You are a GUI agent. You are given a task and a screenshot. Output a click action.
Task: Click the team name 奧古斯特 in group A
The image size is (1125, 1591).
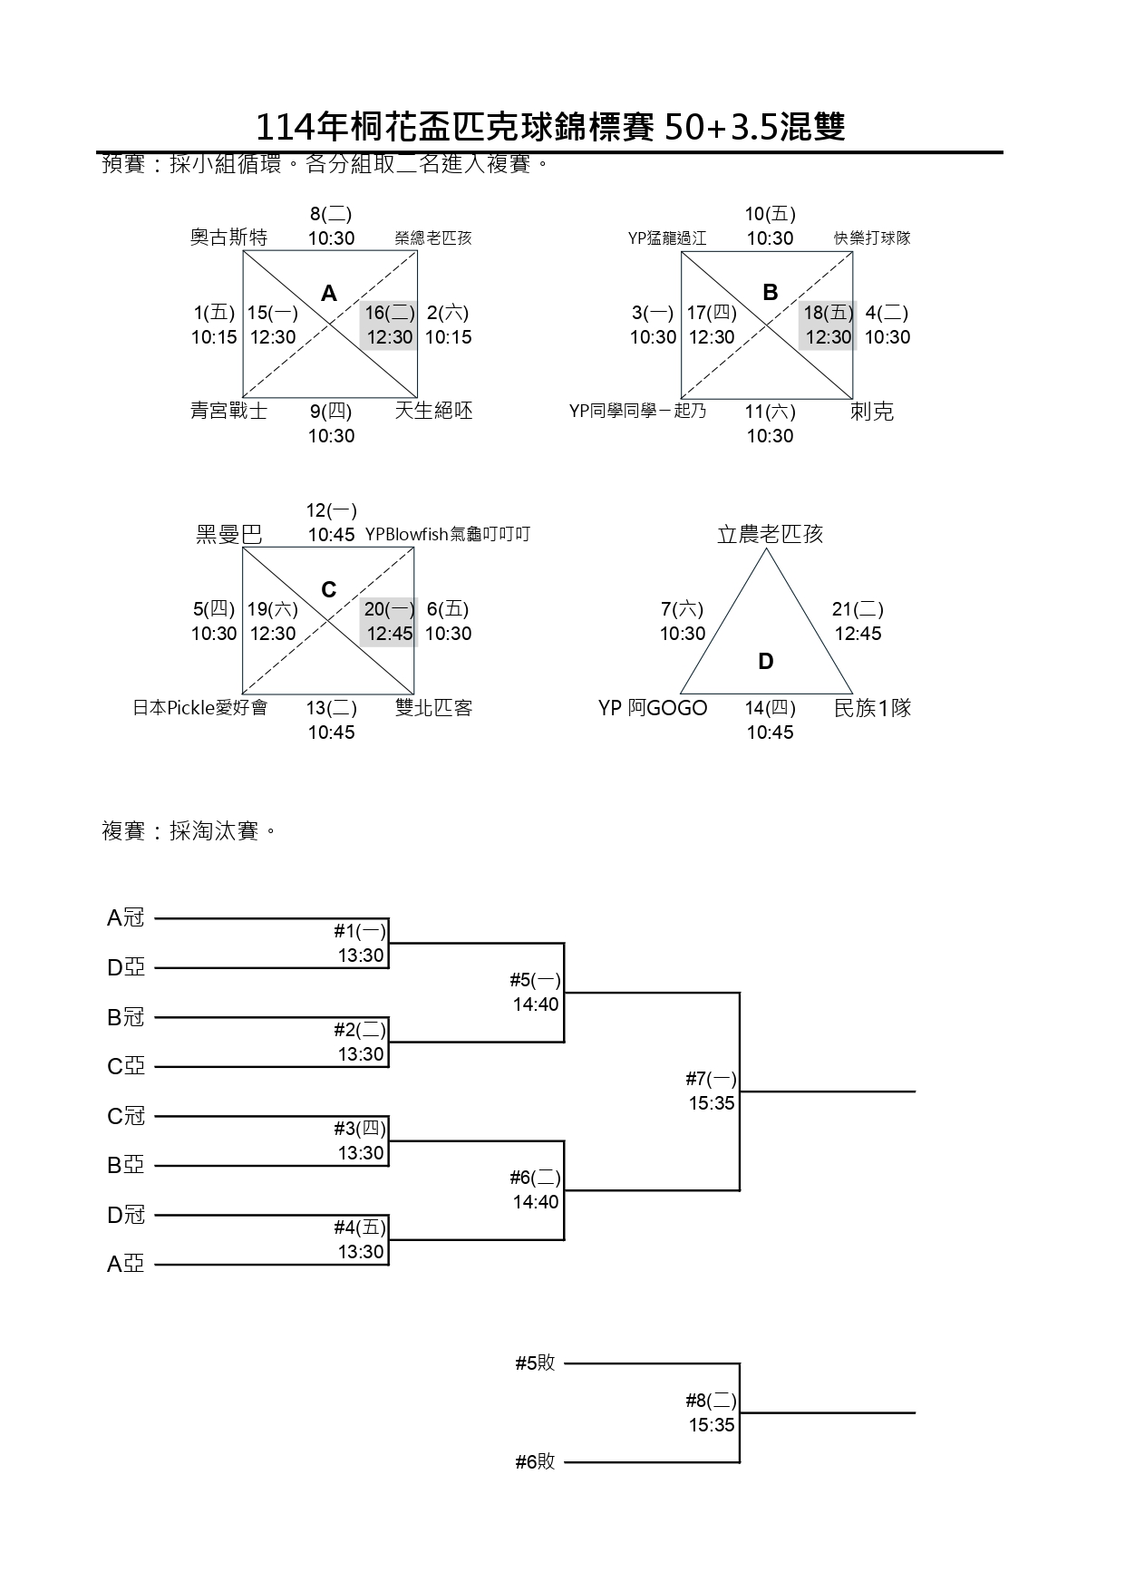click(228, 238)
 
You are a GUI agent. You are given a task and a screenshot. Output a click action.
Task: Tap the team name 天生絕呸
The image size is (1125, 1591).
click(433, 411)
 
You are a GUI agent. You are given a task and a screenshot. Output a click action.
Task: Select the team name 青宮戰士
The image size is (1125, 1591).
click(228, 411)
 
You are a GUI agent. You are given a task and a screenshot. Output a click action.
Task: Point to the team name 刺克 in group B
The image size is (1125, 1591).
click(872, 412)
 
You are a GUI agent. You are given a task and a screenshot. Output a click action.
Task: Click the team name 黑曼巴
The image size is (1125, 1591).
click(229, 534)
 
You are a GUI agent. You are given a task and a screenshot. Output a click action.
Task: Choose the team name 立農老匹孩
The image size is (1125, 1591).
click(770, 534)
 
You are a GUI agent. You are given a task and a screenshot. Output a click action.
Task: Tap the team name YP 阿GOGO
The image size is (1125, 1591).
click(653, 708)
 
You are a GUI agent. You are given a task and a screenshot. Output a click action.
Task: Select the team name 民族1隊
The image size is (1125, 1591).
click(872, 708)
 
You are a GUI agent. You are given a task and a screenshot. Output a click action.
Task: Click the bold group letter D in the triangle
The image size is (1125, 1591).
click(766, 662)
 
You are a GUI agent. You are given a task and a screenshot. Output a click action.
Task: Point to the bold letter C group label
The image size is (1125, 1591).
click(329, 590)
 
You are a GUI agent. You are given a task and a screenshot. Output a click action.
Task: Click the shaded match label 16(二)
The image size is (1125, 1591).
click(390, 313)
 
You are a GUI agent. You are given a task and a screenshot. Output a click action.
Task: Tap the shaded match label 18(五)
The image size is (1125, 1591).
click(829, 313)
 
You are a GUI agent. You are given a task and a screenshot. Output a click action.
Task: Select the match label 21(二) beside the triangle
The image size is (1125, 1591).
click(858, 609)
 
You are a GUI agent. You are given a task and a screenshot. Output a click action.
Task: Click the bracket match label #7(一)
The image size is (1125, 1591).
click(711, 1079)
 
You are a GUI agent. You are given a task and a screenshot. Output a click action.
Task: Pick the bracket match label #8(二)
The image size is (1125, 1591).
click(711, 1401)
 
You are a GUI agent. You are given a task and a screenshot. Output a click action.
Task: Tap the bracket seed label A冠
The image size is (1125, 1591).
click(126, 918)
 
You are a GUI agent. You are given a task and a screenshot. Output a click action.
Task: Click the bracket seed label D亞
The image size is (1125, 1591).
click(126, 968)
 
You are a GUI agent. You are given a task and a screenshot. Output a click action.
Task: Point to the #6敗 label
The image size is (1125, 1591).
click(535, 1461)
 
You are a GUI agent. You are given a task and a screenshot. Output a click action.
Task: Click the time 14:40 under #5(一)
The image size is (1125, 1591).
click(536, 1004)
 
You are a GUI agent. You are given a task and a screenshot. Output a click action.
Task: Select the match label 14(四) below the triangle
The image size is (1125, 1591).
click(771, 708)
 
